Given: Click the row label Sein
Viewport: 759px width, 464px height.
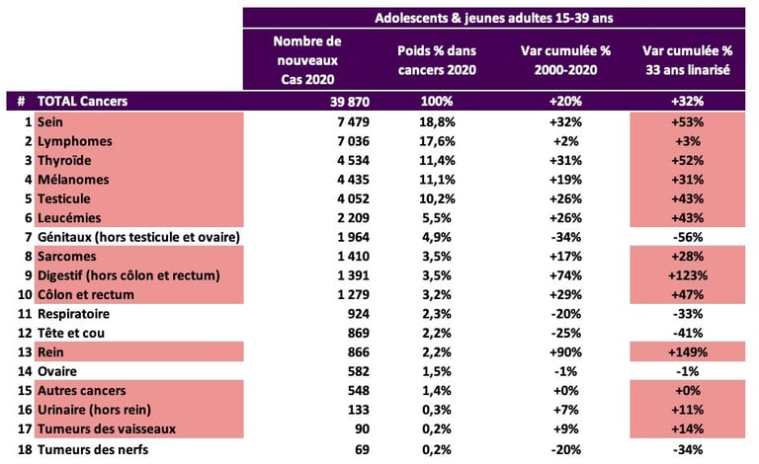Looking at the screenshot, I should click(x=50, y=121).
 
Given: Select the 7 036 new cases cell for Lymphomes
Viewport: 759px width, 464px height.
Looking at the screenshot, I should click(x=319, y=141).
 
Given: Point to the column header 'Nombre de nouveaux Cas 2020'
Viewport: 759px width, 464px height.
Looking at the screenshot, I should click(x=306, y=58).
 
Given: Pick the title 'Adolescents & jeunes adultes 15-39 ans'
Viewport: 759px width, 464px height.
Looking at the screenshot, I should click(x=493, y=18).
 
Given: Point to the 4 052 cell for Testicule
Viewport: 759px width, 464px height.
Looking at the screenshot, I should click(x=319, y=198).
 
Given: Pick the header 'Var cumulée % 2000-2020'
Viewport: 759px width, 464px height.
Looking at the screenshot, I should click(x=560, y=58).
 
